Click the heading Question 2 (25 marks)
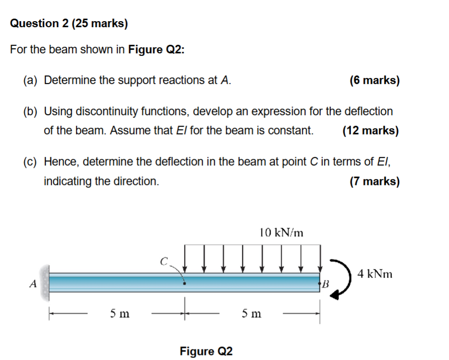[x=69, y=23]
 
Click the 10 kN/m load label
[x=282, y=232]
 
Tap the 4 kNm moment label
[x=375, y=274]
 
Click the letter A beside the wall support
[x=33, y=284]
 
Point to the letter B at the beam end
[x=324, y=284]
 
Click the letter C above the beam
[x=163, y=261]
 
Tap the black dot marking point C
[x=185, y=284]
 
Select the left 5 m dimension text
[x=120, y=314]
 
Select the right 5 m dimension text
[x=251, y=314]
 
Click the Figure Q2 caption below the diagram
[x=206, y=350]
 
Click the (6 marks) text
[x=375, y=80]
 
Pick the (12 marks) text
[x=371, y=131]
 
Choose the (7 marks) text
[x=375, y=181]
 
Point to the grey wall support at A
[x=45, y=280]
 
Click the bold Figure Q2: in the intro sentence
[x=156, y=50]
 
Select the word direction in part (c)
[x=137, y=182]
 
